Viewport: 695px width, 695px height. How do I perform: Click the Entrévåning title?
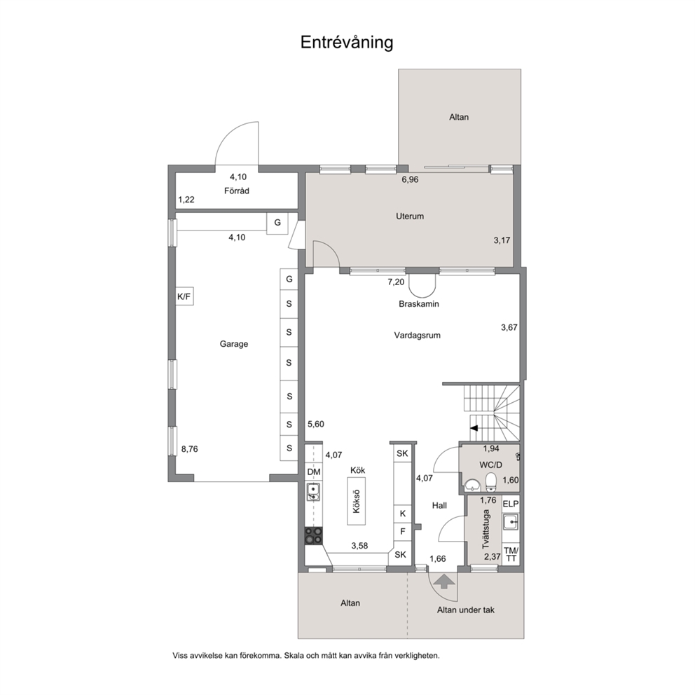(347, 43)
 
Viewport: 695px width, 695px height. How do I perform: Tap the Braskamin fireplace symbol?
(422, 285)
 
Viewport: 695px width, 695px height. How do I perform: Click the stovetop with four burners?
(313, 535)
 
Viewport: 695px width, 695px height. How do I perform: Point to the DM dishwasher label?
(314, 472)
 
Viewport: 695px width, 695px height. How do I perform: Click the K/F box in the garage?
(184, 296)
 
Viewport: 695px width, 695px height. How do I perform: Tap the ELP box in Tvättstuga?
(511, 504)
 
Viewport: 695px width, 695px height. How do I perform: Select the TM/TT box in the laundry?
(511, 554)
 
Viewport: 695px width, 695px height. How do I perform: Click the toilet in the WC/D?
(490, 482)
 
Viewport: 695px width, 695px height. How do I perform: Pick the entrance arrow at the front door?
(444, 581)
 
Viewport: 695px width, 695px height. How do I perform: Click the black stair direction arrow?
(474, 428)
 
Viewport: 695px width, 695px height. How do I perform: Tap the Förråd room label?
(237, 191)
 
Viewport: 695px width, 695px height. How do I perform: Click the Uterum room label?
(410, 216)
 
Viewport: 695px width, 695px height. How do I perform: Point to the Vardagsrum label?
(418, 335)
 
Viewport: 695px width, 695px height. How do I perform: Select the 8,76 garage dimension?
(190, 449)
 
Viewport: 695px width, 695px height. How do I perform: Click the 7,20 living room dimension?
(396, 282)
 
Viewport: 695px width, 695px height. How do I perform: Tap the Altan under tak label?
(466, 610)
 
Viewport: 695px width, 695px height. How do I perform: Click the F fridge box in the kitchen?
(403, 531)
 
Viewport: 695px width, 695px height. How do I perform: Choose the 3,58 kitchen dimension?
(359, 546)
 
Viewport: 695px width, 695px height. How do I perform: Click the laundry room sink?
(511, 522)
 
